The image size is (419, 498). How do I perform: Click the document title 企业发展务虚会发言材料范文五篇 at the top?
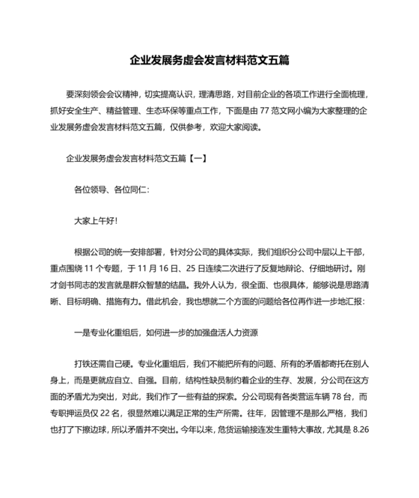209,59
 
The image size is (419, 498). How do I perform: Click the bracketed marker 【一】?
187,159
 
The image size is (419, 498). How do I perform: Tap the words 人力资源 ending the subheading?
244,332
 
